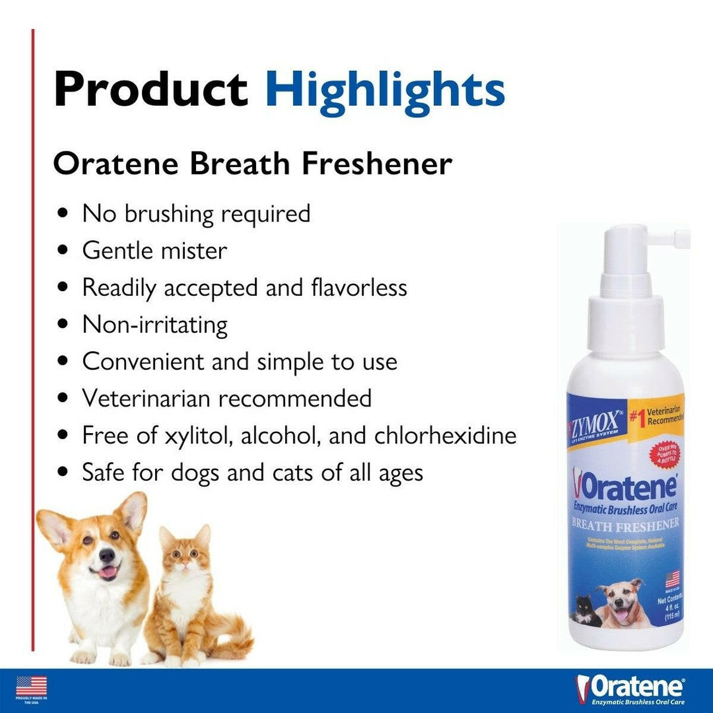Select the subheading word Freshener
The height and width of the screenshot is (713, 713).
click(x=377, y=164)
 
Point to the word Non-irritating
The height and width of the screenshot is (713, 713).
click(x=154, y=325)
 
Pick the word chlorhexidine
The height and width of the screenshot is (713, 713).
click(x=445, y=436)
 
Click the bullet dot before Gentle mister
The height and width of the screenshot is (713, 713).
click(x=63, y=251)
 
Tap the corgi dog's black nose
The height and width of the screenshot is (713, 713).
click(x=106, y=555)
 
